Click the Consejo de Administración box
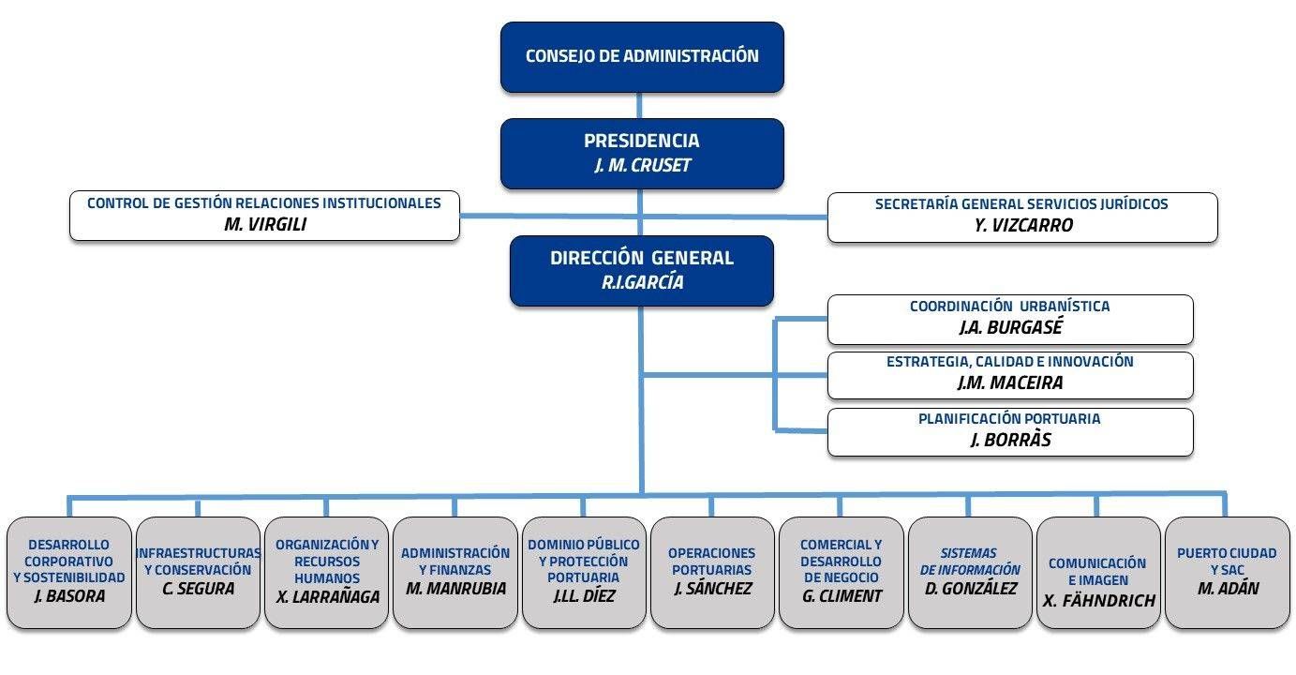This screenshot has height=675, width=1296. (642, 57)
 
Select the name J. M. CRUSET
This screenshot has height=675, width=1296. (642, 166)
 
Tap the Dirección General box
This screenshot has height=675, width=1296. (642, 270)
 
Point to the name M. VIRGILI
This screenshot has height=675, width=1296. (265, 224)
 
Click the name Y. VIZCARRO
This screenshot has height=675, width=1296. (1023, 225)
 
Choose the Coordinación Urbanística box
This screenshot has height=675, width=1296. (1010, 320)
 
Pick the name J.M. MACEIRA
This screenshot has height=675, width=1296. (1009, 382)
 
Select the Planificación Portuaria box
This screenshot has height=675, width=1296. (1010, 432)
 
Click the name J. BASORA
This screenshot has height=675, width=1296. (69, 596)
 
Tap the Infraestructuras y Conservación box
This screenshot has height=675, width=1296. (198, 573)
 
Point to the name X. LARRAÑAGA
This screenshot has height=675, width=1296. (327, 597)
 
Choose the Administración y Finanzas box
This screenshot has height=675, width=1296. (455, 573)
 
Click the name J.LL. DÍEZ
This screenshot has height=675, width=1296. (584, 595)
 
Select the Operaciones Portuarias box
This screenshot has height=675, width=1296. (712, 573)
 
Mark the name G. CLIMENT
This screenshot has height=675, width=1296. (842, 595)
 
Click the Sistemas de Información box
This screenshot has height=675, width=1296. (970, 573)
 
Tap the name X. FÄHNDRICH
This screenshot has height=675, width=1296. (1098, 601)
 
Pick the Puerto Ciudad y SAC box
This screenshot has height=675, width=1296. (1228, 573)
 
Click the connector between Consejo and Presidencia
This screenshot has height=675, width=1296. (639, 105)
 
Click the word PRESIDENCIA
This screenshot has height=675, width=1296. (642, 141)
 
